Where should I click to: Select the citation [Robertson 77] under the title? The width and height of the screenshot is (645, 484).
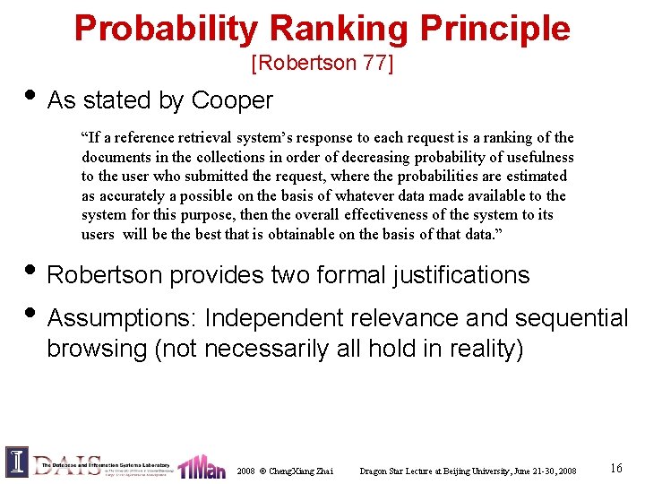point(322,64)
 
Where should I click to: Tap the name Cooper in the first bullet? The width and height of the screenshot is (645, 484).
point(232,100)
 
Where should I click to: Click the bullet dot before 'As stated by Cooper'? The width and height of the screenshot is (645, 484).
point(25,97)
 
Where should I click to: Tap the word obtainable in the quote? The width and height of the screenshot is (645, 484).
point(327,235)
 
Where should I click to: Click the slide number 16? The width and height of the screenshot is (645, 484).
point(615,468)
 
